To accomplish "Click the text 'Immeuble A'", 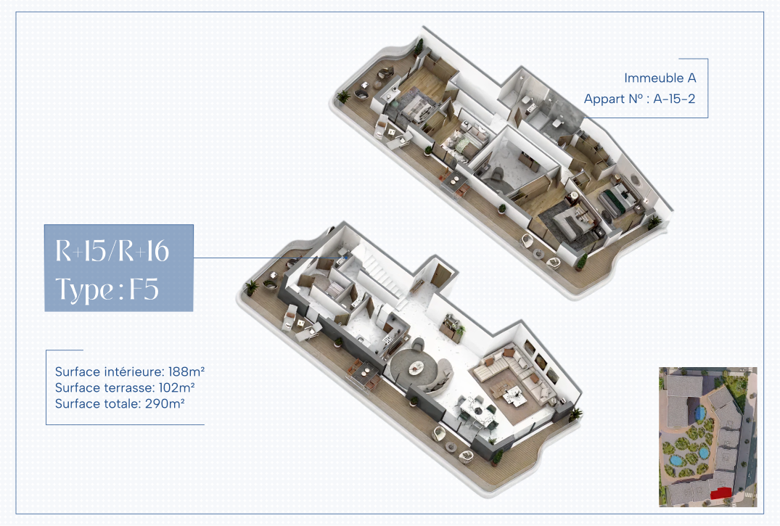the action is (660, 78).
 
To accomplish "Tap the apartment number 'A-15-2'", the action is (674, 99).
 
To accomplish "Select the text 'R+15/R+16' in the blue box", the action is (112, 251).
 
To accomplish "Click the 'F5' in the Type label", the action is (144, 289).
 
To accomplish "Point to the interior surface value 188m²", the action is (186, 371).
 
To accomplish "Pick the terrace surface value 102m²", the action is (176, 387).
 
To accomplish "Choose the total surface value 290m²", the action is (165, 403).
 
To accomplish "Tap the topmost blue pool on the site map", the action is (700, 413).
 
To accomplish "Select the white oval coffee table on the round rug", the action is (416, 368).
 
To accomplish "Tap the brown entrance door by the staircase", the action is (440, 275).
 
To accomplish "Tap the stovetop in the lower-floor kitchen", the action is (387, 342).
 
